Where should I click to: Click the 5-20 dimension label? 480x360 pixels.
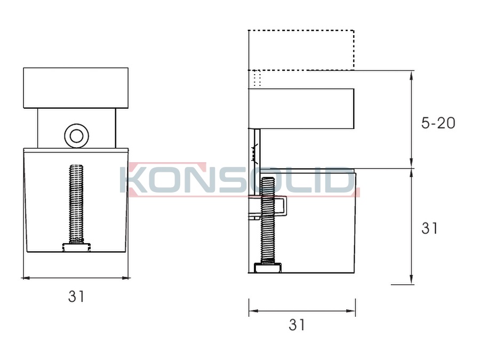438,123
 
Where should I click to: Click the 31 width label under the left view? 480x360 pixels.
76,297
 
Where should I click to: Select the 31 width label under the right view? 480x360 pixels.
297,324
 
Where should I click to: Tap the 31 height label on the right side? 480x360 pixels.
429,228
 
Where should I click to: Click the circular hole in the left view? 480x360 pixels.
76,136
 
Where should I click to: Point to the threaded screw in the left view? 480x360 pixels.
76,204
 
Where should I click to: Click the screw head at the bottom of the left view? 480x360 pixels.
76,247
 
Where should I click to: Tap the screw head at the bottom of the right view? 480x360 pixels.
268,268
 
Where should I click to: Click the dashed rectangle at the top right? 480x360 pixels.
301,30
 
